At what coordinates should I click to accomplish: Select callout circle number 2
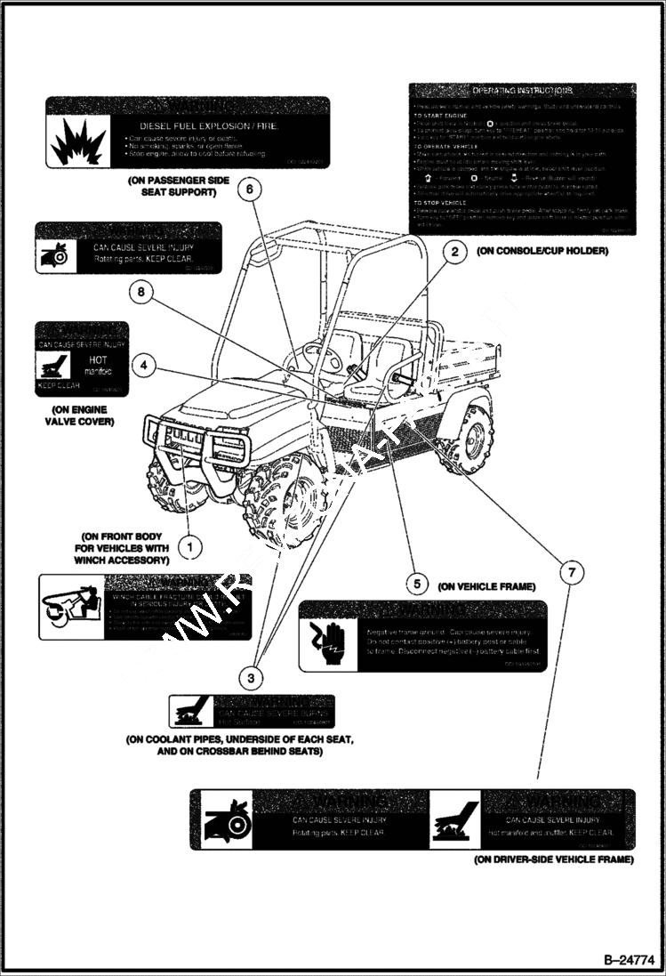click(454, 253)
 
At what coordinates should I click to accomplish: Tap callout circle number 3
click(252, 679)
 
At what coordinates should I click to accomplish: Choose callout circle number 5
click(415, 585)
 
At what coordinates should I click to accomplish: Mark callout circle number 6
click(250, 189)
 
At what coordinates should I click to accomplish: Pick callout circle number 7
click(571, 572)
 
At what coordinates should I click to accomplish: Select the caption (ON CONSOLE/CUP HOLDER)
click(542, 252)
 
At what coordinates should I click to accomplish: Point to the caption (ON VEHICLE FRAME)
click(486, 586)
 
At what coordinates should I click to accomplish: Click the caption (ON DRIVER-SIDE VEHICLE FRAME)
click(553, 859)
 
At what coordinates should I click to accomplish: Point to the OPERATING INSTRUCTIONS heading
click(522, 92)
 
